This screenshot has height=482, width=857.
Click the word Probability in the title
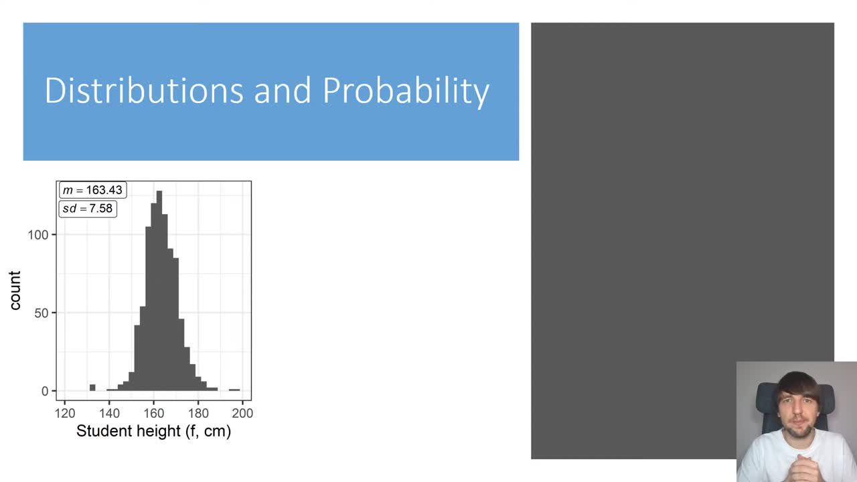pos(406,92)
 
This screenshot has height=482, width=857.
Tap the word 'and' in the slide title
pos(283,90)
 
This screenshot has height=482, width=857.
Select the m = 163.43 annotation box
pos(92,190)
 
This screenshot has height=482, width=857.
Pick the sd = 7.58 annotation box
pos(88,208)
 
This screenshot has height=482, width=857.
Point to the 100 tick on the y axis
pos(37,235)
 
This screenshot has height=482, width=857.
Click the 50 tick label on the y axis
pos(41,313)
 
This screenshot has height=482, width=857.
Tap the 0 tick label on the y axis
pos(45,391)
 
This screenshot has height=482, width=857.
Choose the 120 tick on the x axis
pos(65,413)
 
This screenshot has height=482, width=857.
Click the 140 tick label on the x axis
pos(109,413)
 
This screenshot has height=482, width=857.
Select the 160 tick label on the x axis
pos(153,413)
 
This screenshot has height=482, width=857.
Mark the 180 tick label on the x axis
pos(198,413)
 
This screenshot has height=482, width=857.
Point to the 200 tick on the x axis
pos(242,413)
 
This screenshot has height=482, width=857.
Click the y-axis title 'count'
pos(15,291)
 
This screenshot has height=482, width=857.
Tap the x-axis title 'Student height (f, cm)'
pos(153,431)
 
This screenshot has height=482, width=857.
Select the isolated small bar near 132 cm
pos(92,388)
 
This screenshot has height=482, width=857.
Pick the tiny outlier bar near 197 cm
pos(234,390)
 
